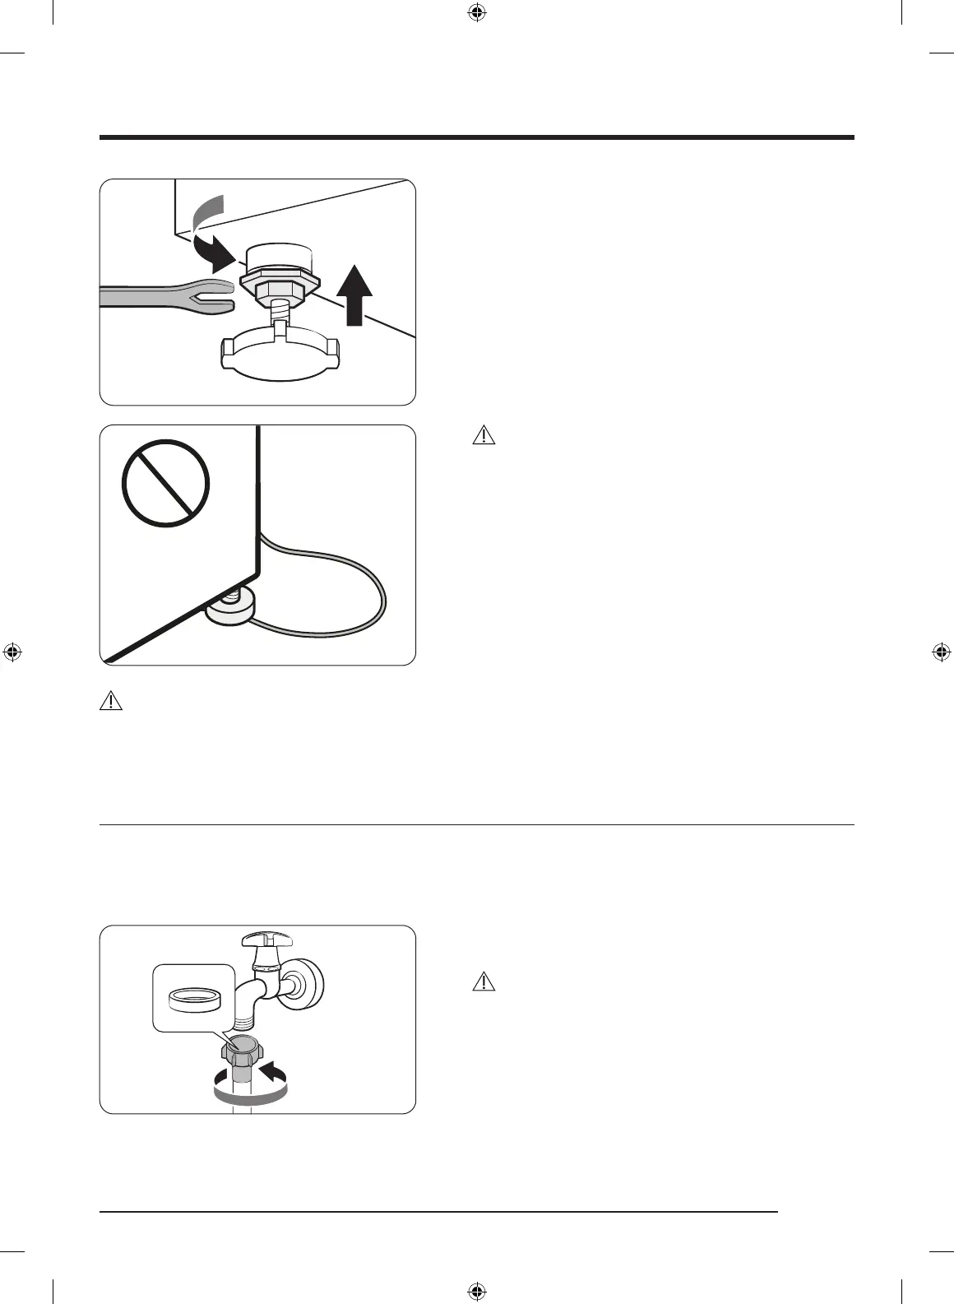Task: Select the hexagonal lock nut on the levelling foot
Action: pos(276,287)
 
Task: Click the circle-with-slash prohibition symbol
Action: pos(165,484)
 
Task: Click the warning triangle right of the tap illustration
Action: pos(484,981)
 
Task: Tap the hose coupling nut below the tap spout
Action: pos(240,1052)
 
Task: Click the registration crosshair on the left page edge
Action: pos(12,652)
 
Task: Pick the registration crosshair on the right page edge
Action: pos(942,652)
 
